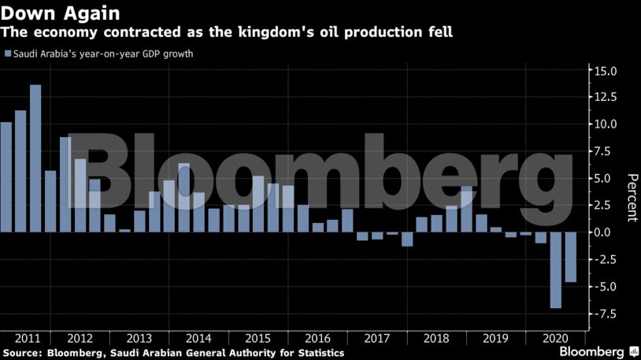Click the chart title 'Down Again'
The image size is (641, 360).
click(x=60, y=13)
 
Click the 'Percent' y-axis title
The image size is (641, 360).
click(x=631, y=197)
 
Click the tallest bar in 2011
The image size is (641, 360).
click(x=35, y=158)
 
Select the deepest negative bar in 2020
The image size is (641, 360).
click(x=556, y=269)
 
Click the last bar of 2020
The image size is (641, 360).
click(x=571, y=257)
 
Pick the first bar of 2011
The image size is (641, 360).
click(x=6, y=176)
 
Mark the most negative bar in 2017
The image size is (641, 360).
click(x=407, y=239)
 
